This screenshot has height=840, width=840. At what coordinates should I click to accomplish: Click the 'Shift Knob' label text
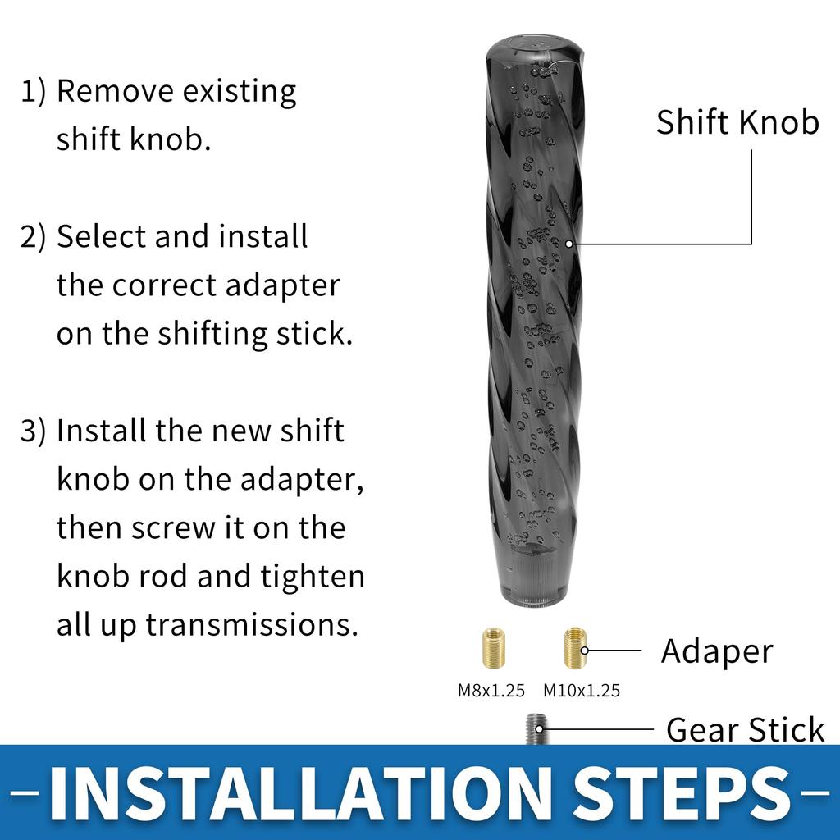pyautogui.click(x=737, y=122)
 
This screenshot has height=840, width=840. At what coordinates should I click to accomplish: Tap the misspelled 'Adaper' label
pyautogui.click(x=717, y=651)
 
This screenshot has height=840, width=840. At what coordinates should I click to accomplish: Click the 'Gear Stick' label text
pyautogui.click(x=745, y=729)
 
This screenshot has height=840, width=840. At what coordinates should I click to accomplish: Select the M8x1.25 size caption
pyautogui.click(x=491, y=691)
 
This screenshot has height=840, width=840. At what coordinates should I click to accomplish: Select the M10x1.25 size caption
pyautogui.click(x=582, y=691)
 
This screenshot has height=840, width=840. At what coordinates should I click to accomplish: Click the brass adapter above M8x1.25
pyautogui.click(x=492, y=648)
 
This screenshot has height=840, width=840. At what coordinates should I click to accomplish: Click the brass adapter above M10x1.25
pyautogui.click(x=575, y=648)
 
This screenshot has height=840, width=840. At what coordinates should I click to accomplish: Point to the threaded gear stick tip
pyautogui.click(x=536, y=728)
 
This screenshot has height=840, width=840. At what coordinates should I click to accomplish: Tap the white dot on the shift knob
pyautogui.click(x=568, y=244)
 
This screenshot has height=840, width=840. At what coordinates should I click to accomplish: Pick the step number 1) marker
pyautogui.click(x=34, y=91)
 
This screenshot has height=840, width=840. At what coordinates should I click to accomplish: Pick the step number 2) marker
pyautogui.click(x=34, y=237)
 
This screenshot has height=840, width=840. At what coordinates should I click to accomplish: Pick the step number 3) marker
pyautogui.click(x=34, y=431)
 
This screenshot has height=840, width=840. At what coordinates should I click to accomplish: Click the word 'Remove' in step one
pyautogui.click(x=113, y=90)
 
